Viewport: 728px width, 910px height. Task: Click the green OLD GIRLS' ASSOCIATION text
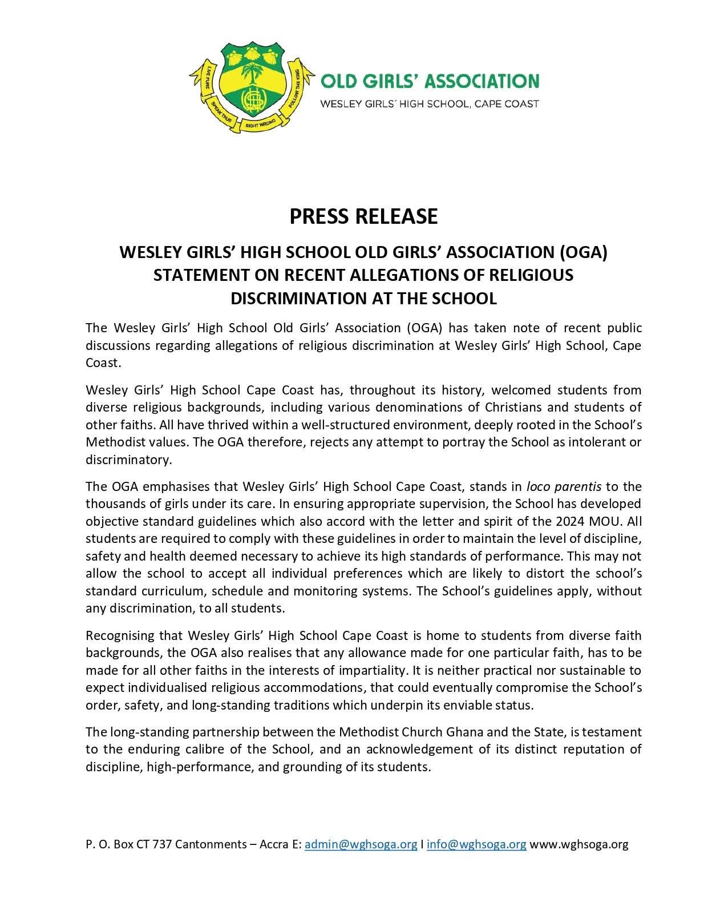coord(430,81)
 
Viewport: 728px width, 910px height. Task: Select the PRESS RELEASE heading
coord(363,216)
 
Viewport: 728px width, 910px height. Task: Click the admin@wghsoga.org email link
coord(361,844)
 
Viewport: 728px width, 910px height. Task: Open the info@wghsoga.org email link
coord(476,844)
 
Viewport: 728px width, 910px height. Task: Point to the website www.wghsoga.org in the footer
coord(579,844)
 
